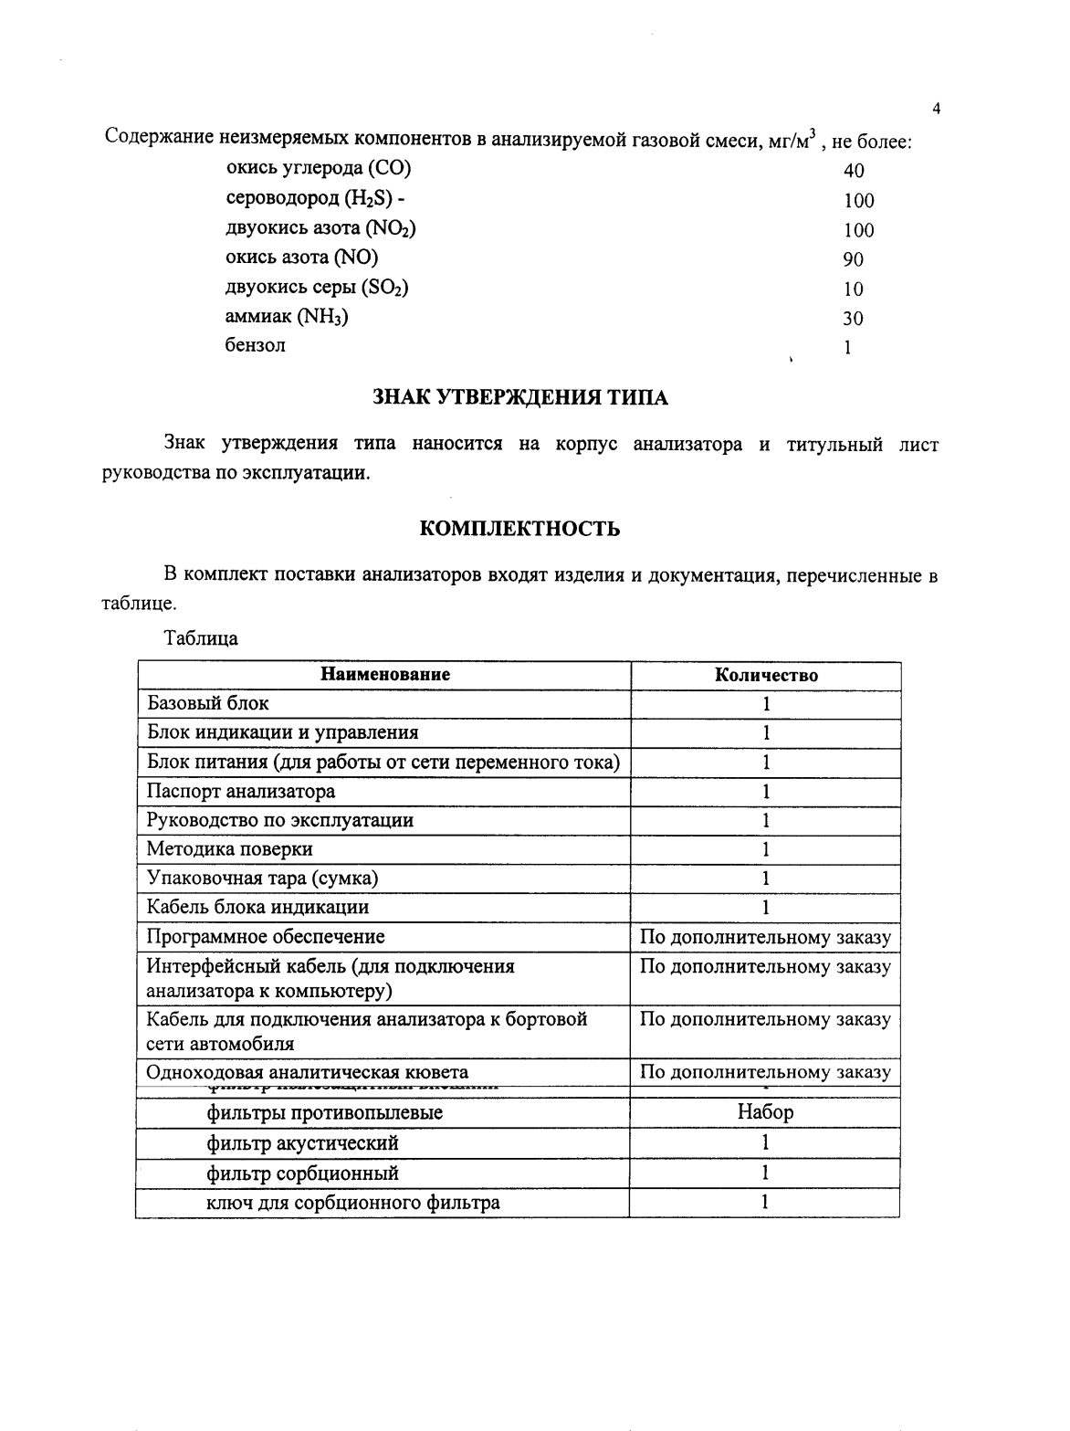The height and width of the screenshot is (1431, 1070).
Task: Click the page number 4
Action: pos(937,110)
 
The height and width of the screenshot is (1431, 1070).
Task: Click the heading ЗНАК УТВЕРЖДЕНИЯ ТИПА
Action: pos(520,398)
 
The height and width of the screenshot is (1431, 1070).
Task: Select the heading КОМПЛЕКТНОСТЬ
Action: pos(519,529)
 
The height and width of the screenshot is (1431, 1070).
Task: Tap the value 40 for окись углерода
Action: pos(854,171)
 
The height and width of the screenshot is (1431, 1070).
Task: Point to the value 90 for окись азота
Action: pos(853,259)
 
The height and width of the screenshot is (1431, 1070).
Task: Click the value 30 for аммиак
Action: pos(853,319)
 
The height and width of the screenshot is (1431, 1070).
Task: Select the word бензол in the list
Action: pos(256,345)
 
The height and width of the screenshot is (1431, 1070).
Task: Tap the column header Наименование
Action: pos(384,675)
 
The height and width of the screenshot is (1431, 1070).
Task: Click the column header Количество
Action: pos(766,676)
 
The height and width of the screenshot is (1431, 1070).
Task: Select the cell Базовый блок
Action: pos(208,703)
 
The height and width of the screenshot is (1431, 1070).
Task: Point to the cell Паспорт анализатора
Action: pos(241,791)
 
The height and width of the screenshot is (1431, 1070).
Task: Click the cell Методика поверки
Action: pos(230,849)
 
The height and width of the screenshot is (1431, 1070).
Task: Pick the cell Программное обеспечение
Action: pos(266,937)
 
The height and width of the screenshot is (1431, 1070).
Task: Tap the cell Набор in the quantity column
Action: pos(765,1112)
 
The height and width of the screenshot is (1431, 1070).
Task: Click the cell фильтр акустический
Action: pos(302,1143)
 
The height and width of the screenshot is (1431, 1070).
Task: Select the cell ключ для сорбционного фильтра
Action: pos(353,1202)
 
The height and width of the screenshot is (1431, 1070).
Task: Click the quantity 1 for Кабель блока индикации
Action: pos(766,907)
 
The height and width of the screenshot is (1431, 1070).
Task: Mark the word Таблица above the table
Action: pos(201,638)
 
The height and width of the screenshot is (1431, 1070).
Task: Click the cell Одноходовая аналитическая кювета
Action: pos(308,1072)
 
